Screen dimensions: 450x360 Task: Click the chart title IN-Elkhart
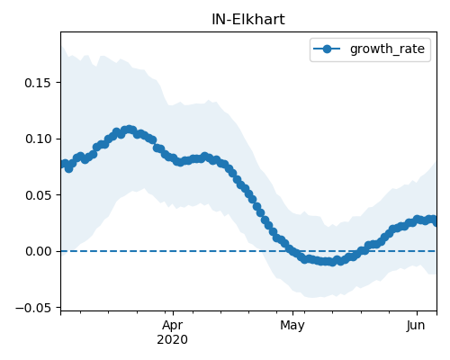tap(248, 20)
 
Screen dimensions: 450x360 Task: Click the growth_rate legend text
tap(387, 49)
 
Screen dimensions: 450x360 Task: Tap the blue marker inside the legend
tap(327, 49)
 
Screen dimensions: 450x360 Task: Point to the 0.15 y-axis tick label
tap(38, 83)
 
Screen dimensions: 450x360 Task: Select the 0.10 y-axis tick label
tap(38, 139)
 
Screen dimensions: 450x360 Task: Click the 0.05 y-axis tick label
tap(38, 195)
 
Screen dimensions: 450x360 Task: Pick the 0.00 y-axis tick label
tap(38, 251)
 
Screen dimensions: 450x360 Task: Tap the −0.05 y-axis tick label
tap(33, 308)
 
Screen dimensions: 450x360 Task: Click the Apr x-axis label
tap(173, 326)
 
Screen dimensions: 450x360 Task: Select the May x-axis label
tap(292, 326)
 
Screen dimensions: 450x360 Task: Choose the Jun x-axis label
tap(416, 326)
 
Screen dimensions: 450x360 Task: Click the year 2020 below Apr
tap(173, 339)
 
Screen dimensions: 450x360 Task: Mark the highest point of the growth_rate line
tap(130, 130)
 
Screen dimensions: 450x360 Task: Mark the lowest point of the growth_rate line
tap(332, 263)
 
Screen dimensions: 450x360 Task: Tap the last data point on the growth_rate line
tap(436, 222)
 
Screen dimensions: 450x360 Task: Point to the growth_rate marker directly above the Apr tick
tap(174, 157)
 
